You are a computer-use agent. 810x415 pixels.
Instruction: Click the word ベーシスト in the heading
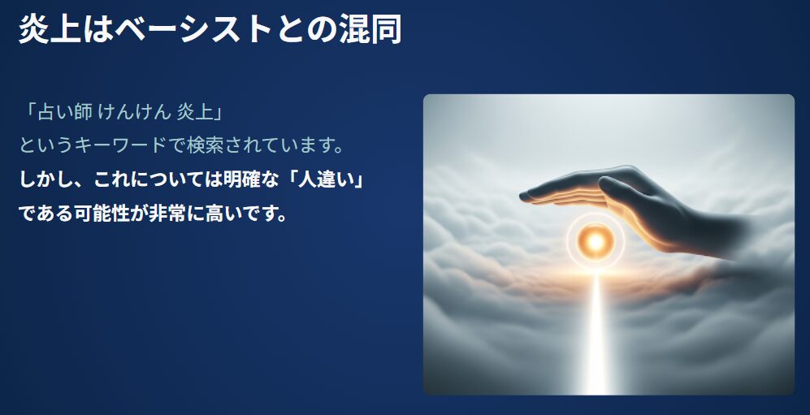pyautogui.click(x=193, y=29)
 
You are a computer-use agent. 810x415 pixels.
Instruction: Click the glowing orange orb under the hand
pyautogui.click(x=596, y=240)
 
